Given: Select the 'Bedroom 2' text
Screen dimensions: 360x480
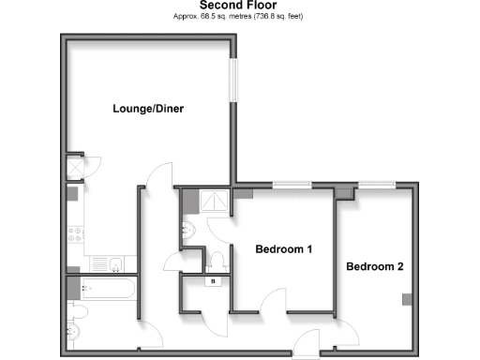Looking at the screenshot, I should pos(375,266).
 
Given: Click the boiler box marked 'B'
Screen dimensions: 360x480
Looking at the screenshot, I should pos(213,279).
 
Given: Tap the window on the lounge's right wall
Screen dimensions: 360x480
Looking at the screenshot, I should pos(236,79).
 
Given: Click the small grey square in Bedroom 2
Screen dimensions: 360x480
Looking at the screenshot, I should pos(407,300).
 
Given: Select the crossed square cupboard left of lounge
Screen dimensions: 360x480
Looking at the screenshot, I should pos(74,167).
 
